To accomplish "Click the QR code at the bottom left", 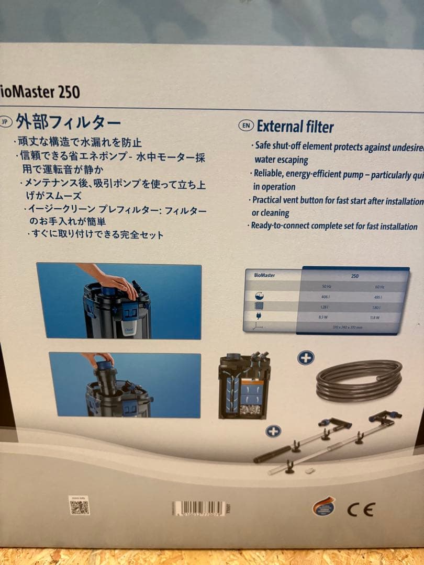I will [x=80, y=505].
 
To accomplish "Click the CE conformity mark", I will [x=361, y=508].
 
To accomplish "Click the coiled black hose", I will [x=359, y=380].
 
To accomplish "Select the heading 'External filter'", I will [x=295, y=126].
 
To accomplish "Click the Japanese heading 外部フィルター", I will [x=69, y=123].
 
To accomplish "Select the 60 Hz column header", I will [x=380, y=286].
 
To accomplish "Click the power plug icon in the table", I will [x=258, y=317].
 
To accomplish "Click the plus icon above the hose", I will [x=305, y=358].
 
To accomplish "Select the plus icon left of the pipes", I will [x=273, y=431].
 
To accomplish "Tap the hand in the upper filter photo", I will [x=116, y=282].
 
